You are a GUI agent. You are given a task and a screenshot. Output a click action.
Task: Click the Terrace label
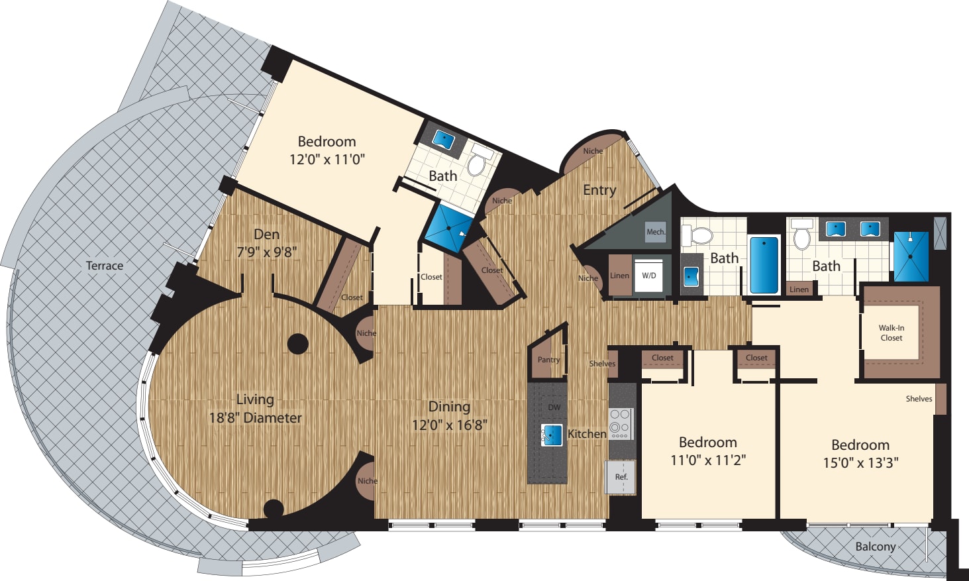pyautogui.click(x=105, y=266)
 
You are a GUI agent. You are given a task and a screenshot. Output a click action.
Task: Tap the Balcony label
pyautogui.click(x=875, y=547)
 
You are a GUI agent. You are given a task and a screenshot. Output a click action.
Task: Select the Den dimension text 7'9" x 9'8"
pyautogui.click(x=266, y=252)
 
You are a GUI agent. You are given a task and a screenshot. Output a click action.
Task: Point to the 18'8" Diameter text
pyautogui.click(x=255, y=418)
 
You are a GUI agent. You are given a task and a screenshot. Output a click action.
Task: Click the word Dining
pyautogui.click(x=449, y=407)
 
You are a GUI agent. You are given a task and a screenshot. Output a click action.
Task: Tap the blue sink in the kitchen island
pyautogui.click(x=551, y=435)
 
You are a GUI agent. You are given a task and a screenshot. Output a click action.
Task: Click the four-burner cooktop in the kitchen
pyautogui.click(x=621, y=423)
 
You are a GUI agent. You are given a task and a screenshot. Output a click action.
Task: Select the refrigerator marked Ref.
pyautogui.click(x=621, y=477)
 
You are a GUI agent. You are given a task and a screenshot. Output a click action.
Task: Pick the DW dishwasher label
pyautogui.click(x=554, y=407)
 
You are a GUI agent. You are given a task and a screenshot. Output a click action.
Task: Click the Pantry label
pyautogui.click(x=548, y=360)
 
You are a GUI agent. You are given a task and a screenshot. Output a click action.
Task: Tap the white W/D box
pyautogui.click(x=649, y=276)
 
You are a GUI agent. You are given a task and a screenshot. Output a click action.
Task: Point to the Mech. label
pyautogui.click(x=656, y=232)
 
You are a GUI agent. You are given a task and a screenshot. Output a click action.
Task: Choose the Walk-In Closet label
pyautogui.click(x=891, y=333)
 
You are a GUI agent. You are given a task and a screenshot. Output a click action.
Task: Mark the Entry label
pyautogui.click(x=599, y=190)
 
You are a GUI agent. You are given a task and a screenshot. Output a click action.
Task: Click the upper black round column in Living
pyautogui.click(x=298, y=344)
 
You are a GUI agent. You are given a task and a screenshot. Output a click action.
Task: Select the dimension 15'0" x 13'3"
pyautogui.click(x=860, y=463)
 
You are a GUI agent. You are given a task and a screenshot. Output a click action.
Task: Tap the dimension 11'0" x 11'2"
pyautogui.click(x=708, y=460)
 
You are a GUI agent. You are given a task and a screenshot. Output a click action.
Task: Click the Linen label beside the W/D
pyautogui.click(x=619, y=276)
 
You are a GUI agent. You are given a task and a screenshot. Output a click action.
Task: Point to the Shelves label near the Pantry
pyautogui.click(x=602, y=364)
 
